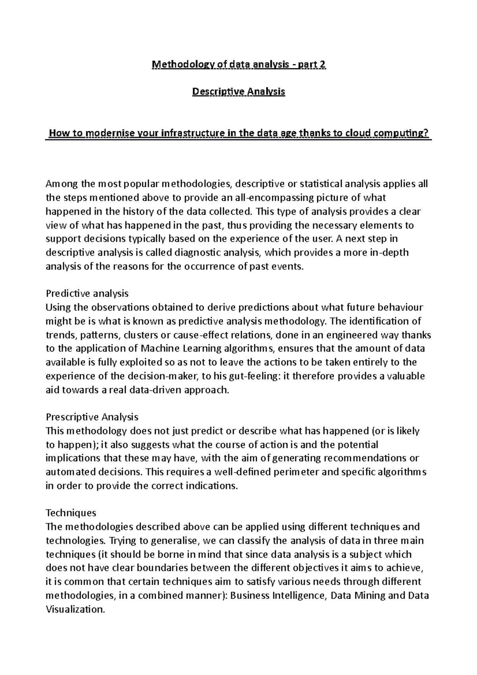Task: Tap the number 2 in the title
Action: [323, 65]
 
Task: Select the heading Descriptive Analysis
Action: [238, 92]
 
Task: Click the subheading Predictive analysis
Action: [87, 294]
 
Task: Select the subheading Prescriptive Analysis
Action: [92, 417]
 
